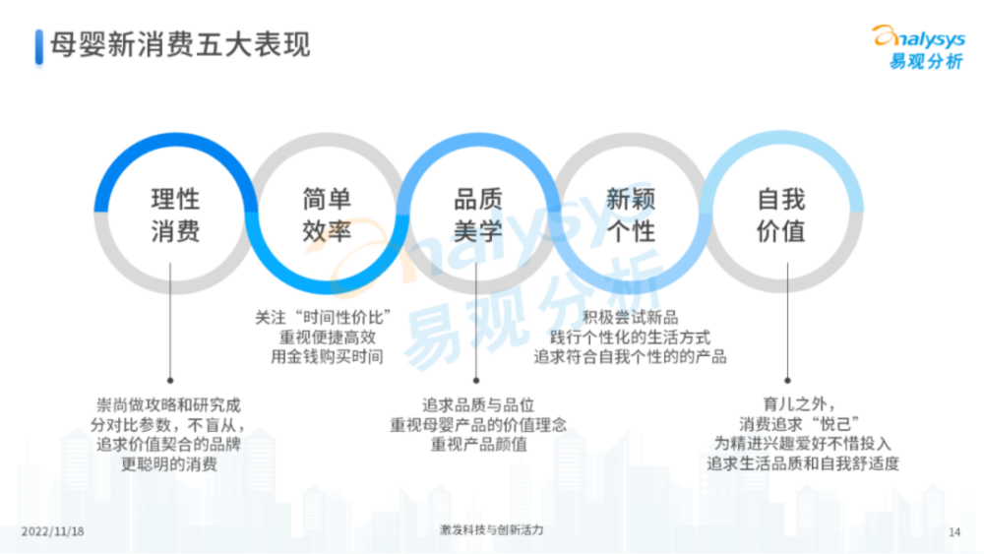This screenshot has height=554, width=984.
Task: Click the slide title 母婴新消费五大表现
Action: tap(180, 44)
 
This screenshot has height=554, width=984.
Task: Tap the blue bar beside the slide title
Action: tap(39, 46)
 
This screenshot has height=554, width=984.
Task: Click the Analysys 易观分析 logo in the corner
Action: tap(919, 47)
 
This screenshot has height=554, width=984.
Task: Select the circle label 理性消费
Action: tap(175, 215)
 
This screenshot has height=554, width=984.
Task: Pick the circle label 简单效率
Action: tap(327, 215)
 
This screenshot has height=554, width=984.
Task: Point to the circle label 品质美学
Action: tap(478, 215)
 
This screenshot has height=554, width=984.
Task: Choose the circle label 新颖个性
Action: tap(630, 215)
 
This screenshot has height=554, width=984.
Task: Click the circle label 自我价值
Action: tap(781, 215)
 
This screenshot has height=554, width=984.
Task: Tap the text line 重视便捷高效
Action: tap(328, 338)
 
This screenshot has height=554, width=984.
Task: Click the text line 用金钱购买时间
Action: tap(327, 357)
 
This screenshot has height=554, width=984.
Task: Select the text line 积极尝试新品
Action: tap(630, 318)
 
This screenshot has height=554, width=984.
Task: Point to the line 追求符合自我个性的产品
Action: tap(630, 357)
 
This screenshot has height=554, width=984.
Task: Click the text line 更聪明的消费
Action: tap(169, 464)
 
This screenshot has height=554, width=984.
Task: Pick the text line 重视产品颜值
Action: tap(479, 445)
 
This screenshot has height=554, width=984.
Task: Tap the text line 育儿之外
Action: tap(798, 404)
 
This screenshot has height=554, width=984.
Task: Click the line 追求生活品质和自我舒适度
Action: tap(803, 463)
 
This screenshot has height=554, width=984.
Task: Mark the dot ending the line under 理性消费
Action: tap(170, 380)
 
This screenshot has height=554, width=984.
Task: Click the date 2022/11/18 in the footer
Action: tap(53, 531)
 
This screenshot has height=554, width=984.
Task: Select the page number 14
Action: tap(954, 532)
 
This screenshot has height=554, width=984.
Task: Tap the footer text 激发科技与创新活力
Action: tap(491, 530)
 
